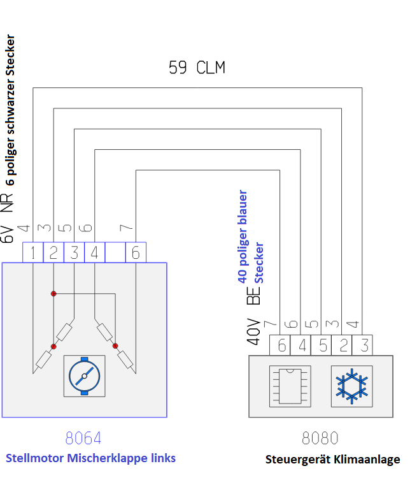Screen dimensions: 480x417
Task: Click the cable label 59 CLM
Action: point(196,68)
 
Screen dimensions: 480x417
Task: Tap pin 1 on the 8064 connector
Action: point(32,252)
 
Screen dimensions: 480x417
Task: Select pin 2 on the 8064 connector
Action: point(53,252)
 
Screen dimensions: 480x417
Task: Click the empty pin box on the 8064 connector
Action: point(115,252)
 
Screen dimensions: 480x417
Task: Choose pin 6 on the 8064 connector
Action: point(136,252)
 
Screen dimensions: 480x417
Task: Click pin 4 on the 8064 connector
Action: point(95,252)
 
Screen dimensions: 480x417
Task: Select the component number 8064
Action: point(83,439)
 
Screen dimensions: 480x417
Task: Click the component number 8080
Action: point(320,439)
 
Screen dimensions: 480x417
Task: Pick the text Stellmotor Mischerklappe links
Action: point(90,458)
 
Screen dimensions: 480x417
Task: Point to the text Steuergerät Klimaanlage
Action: point(332,460)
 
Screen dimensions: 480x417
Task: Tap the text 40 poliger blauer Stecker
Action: point(251,236)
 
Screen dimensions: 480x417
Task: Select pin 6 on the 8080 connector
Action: point(281,345)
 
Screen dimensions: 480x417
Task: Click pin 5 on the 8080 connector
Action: point(322,345)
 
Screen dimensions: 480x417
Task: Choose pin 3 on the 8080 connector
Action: point(363,345)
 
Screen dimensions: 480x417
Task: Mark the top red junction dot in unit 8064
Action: point(53,294)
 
